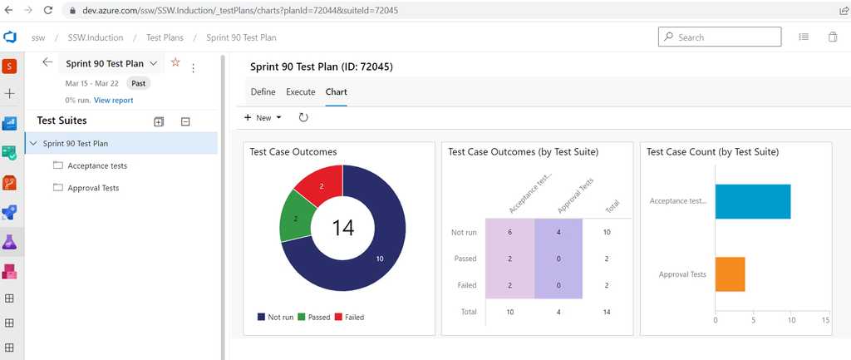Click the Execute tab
coord(300,91)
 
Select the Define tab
coord(263,91)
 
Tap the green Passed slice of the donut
coord(293,218)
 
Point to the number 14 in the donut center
coord(343,227)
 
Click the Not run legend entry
coord(278,317)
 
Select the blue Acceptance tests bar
coord(752,201)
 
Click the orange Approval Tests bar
coord(730,274)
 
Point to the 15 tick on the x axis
coord(825,318)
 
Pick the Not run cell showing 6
coord(509,232)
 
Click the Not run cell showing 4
coord(558,232)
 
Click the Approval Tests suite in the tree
coord(93,188)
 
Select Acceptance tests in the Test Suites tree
coord(96,165)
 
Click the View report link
coord(113,100)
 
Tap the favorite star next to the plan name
coord(175,62)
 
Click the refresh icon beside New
coord(303,118)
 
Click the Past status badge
coord(139,83)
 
